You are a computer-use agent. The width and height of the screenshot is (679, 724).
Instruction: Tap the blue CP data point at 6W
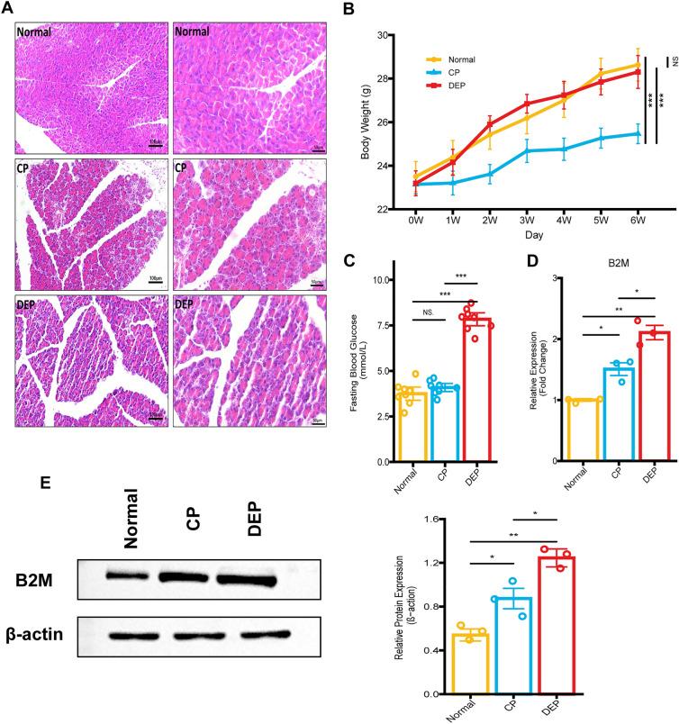(x=638, y=133)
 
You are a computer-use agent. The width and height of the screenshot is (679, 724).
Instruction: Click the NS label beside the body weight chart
(x=670, y=61)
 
